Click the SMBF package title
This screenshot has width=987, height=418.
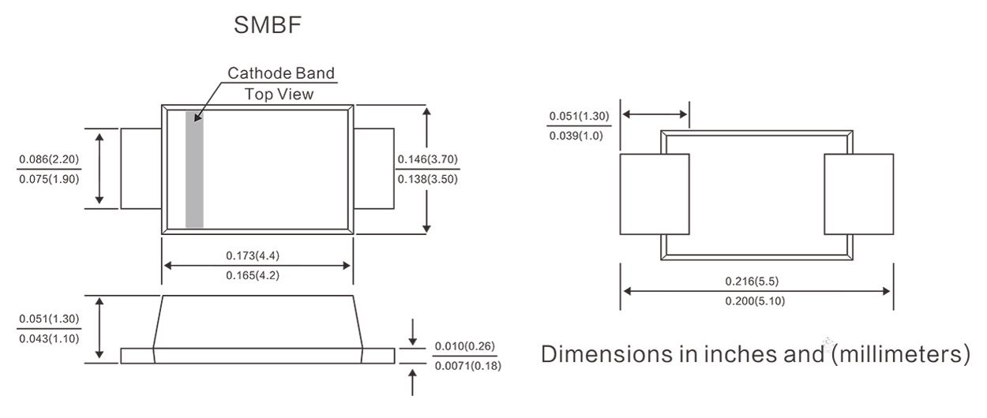click(x=268, y=26)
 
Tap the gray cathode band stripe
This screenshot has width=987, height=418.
click(x=194, y=170)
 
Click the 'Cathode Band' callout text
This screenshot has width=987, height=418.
click(x=281, y=73)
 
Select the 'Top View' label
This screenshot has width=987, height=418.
click(x=279, y=94)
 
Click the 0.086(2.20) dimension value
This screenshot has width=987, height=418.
click(x=49, y=159)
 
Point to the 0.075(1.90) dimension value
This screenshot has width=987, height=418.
click(x=49, y=178)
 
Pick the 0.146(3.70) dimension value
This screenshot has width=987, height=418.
click(x=427, y=159)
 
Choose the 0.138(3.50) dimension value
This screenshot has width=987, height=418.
click(x=427, y=178)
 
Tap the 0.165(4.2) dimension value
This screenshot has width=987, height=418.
click(x=257, y=275)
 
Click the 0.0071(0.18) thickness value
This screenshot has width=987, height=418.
click(x=467, y=366)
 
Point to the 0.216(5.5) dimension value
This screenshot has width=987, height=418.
click(x=756, y=282)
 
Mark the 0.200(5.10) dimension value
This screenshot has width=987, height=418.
click(x=756, y=300)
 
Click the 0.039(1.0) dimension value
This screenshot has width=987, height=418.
click(x=579, y=136)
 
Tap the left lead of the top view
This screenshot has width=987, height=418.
click(x=141, y=169)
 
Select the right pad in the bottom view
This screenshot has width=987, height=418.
click(x=858, y=194)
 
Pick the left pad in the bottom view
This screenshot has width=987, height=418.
click(x=655, y=194)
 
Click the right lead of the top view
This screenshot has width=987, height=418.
click(x=373, y=169)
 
